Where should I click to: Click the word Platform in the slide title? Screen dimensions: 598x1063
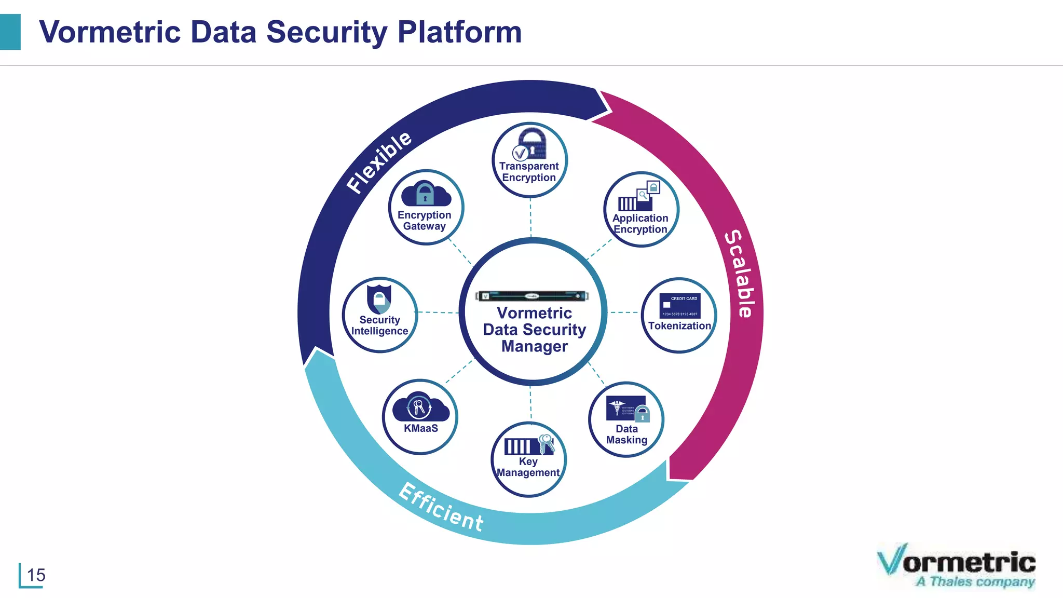459,32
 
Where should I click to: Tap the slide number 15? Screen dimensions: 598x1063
36,575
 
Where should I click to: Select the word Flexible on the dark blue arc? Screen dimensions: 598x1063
379,162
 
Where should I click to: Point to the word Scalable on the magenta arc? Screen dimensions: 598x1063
739,273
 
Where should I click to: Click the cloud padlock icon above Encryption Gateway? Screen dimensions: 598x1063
426,194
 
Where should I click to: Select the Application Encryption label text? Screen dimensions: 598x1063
640,224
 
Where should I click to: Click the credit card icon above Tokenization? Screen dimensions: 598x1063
679,306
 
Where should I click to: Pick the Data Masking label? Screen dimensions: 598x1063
626,434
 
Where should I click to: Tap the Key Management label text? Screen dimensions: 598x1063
528,467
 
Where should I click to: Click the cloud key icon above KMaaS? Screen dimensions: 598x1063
420,407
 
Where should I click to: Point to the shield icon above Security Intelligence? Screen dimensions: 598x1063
379,298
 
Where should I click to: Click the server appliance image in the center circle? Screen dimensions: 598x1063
532,296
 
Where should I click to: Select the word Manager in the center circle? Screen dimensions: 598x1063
534,346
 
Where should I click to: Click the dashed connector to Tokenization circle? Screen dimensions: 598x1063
624,312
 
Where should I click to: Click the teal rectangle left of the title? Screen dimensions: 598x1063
10,32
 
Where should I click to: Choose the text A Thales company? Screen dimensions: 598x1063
975,582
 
